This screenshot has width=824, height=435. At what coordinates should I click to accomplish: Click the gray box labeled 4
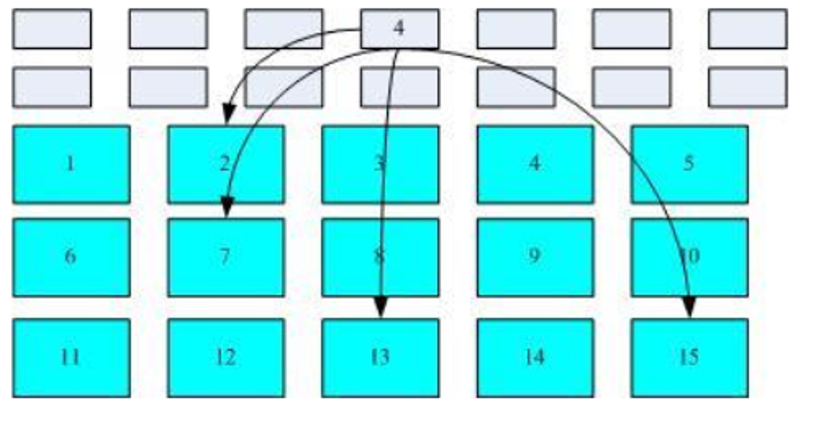point(400,29)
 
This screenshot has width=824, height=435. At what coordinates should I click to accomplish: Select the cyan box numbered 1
point(71,164)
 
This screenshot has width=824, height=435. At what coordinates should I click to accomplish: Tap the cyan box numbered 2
point(225,164)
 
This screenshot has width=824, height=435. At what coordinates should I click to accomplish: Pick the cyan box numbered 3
point(380,164)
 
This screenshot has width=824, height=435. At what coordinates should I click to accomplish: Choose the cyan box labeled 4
point(535,164)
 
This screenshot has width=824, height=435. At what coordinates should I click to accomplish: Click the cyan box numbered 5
point(689,164)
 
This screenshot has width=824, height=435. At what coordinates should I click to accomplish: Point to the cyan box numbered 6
point(71,257)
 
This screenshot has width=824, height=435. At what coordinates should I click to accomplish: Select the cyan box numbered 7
point(225,257)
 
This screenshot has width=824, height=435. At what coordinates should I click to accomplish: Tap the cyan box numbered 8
point(380,257)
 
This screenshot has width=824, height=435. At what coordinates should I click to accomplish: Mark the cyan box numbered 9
point(535,257)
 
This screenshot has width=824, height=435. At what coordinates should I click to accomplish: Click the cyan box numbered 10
point(689,257)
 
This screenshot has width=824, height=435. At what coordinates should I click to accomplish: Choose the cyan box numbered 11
point(71,357)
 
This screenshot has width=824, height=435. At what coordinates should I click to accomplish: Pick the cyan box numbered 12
point(225,357)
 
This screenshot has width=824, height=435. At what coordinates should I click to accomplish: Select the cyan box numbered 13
point(380,357)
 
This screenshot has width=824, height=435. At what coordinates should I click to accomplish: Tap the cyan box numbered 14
point(535,357)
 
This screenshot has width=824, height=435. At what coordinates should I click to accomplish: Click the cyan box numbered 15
point(689,357)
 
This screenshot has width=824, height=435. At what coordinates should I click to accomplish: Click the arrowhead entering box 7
point(228,208)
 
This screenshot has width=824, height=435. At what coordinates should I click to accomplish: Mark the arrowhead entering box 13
point(381,309)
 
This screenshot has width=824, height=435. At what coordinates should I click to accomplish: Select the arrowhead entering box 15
point(689,308)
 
